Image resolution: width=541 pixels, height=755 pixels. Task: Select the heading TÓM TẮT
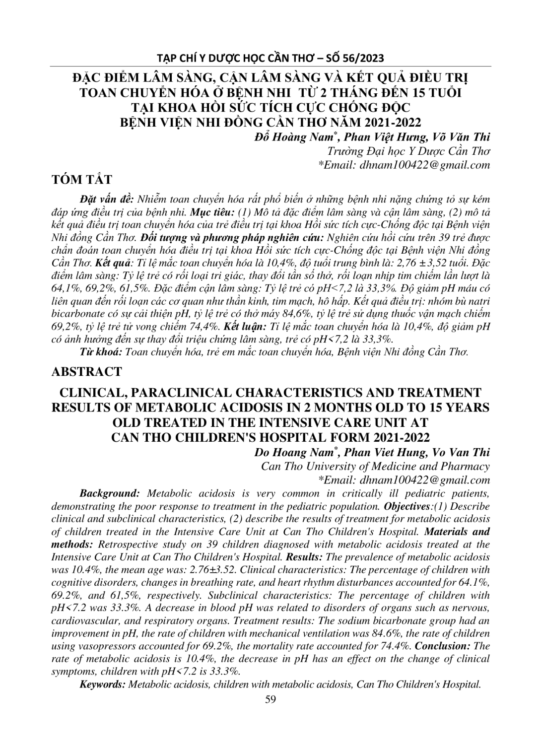coord(82,180)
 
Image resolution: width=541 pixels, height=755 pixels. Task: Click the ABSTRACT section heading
coord(87,371)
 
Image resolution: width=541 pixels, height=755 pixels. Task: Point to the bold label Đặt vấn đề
coord(107,199)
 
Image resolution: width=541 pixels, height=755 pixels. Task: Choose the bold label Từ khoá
coord(101,352)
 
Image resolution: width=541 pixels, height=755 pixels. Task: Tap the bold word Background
coord(111,493)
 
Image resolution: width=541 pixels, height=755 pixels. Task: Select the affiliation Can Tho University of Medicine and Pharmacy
coord(375,466)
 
